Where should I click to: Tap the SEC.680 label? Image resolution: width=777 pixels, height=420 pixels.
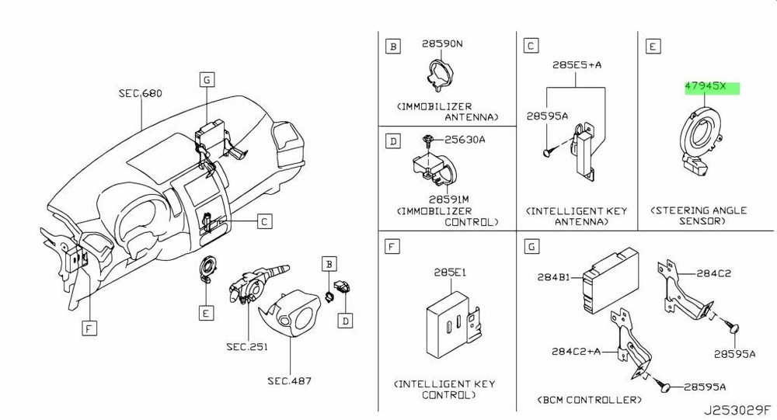tap(140, 94)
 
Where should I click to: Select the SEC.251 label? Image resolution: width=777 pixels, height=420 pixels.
tap(246, 347)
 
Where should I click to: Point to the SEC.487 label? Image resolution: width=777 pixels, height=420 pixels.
tap(289, 380)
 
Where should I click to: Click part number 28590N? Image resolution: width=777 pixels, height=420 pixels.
tap(442, 44)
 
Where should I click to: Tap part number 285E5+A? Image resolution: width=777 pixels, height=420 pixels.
tap(577, 65)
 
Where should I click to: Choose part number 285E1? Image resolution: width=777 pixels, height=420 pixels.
tap(449, 273)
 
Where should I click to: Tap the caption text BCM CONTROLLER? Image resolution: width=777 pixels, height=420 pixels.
tap(590, 400)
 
